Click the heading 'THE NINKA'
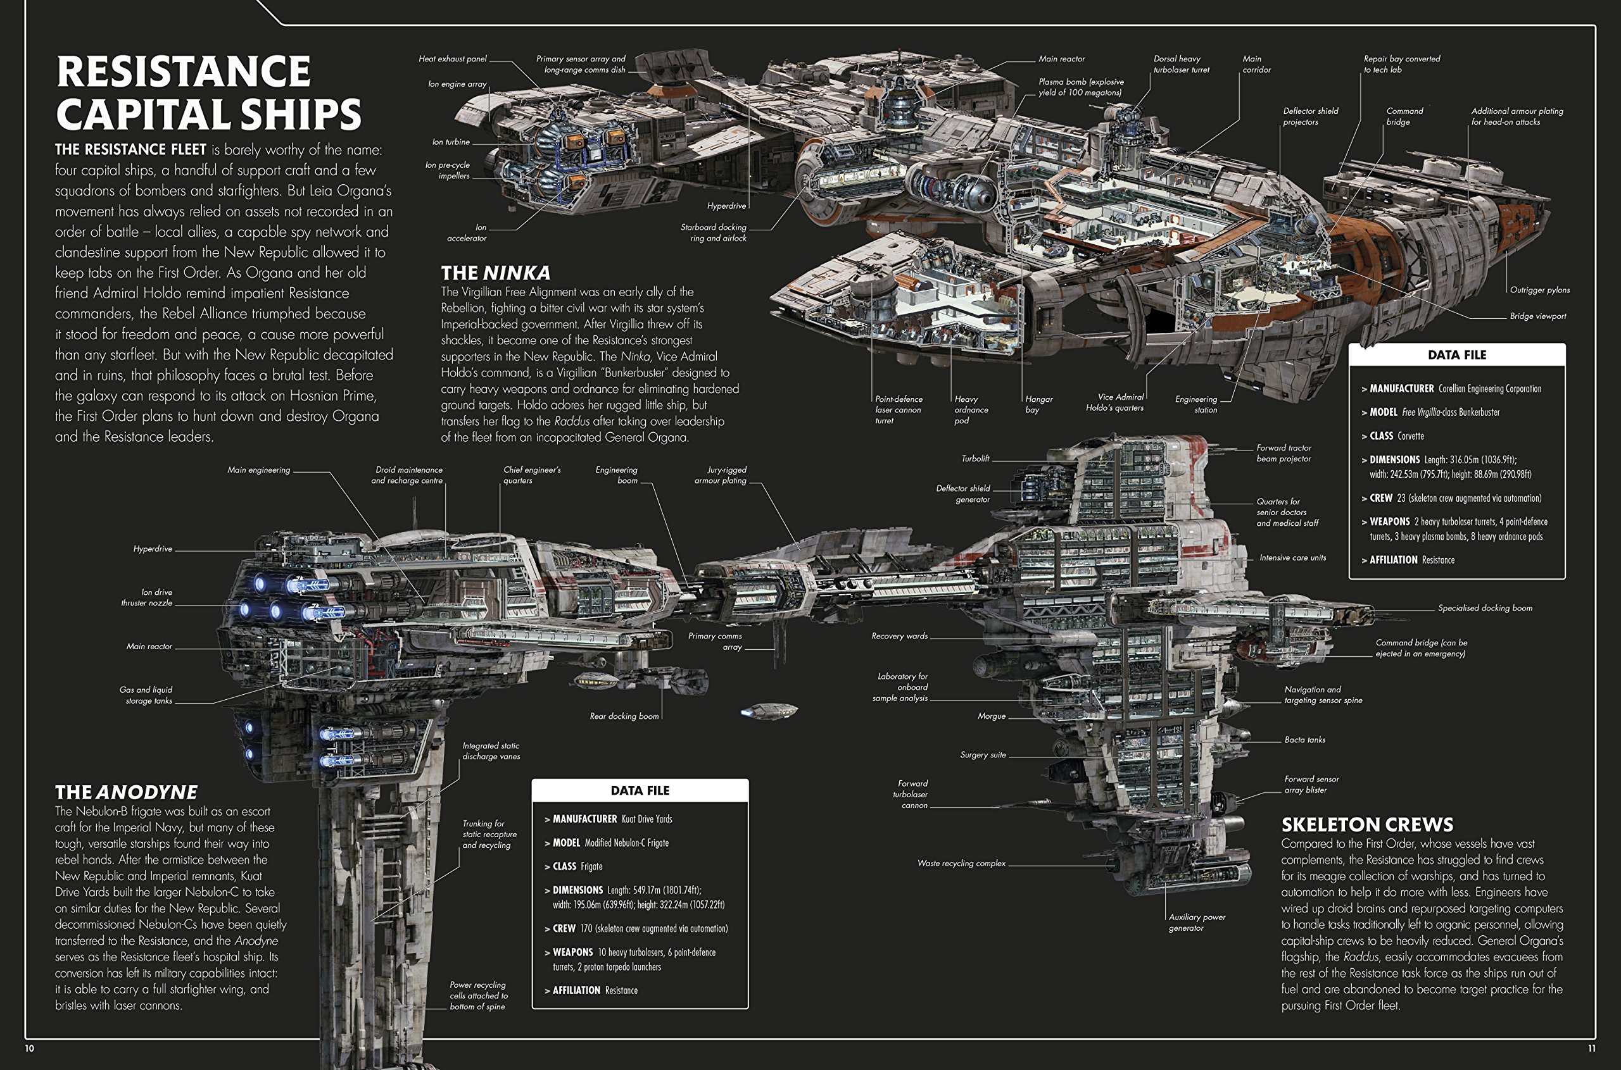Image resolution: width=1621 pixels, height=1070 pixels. tap(495, 273)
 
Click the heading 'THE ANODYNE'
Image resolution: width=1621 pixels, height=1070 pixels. tap(126, 792)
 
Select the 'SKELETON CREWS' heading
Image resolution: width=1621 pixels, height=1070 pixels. tap(1367, 824)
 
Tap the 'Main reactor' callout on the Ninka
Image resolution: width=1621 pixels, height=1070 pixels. tap(1061, 59)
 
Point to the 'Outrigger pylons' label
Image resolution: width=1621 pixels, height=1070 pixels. tap(1539, 290)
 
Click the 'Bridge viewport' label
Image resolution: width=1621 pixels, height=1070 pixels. tap(1537, 316)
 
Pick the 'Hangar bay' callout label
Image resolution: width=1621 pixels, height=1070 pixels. tap(1038, 404)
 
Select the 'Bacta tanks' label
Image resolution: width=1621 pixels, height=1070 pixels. tap(1304, 740)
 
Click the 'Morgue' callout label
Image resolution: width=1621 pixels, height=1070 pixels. tap(992, 716)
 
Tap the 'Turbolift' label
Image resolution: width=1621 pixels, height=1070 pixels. tap(975, 459)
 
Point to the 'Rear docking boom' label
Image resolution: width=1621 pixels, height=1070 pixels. tap(624, 716)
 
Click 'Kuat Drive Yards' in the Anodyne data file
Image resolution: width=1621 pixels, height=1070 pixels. tap(647, 819)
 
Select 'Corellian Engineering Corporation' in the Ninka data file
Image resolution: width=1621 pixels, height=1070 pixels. tap(1489, 389)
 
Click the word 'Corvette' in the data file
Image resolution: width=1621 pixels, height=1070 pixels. tap(1410, 436)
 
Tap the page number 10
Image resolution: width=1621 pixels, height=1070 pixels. tap(29, 1048)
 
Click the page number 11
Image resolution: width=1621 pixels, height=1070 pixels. tap(1591, 1048)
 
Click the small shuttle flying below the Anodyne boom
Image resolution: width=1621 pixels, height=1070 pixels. tap(770, 711)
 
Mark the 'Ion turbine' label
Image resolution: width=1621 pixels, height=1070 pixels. tap(451, 142)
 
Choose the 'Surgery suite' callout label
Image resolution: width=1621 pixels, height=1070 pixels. tap(983, 755)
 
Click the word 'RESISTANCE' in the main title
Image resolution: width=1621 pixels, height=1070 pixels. tap(183, 72)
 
